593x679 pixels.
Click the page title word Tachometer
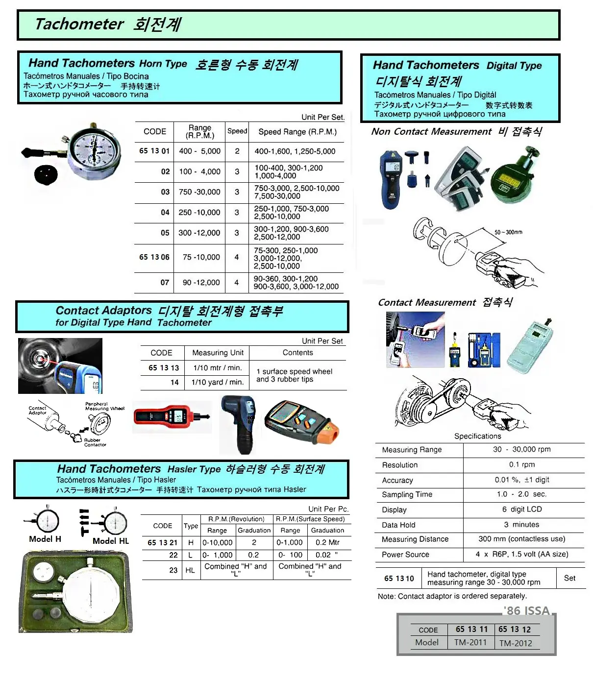(79, 24)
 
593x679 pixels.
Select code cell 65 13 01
(154, 151)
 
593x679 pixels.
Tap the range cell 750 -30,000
(199, 192)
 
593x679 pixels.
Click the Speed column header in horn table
(237, 131)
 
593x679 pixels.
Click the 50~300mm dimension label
(508, 232)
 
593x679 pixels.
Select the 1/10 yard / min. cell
(217, 382)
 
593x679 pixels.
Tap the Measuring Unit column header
(218, 353)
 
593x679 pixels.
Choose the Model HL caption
(111, 541)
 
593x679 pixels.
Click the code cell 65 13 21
(162, 542)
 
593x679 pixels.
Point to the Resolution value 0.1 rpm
(521, 464)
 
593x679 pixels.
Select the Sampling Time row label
(407, 495)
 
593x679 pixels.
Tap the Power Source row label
(405, 555)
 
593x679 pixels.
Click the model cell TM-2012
(516, 643)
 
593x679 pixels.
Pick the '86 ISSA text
(526, 610)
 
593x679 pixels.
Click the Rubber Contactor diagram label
(94, 442)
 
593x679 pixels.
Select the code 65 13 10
(399, 579)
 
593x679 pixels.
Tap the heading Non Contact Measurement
(431, 131)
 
